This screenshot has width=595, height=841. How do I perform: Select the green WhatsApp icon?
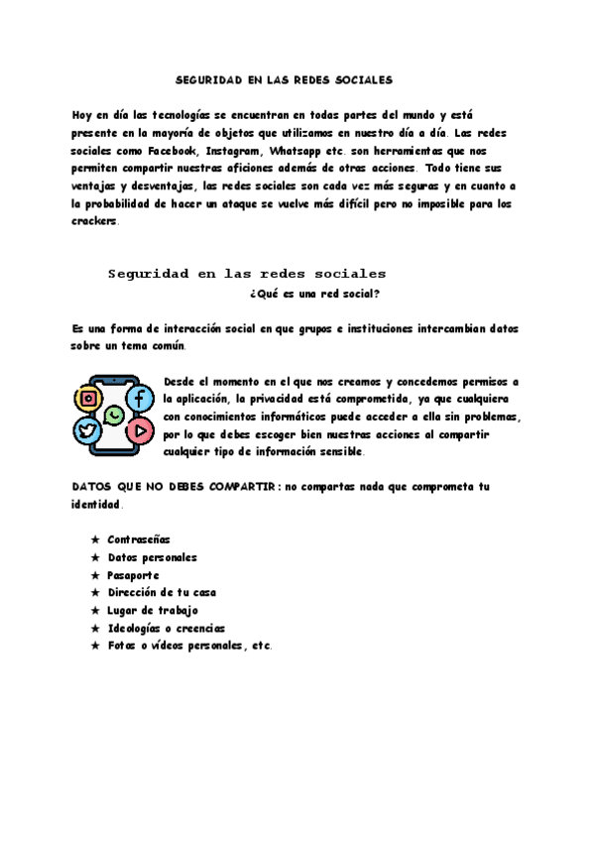(x=114, y=416)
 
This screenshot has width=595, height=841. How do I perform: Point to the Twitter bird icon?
(x=88, y=431)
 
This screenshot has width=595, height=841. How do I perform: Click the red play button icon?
(x=140, y=431)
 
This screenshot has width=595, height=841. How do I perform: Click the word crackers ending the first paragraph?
(x=94, y=221)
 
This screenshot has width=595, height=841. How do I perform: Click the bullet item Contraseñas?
(x=139, y=540)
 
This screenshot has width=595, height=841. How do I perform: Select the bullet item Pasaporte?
(x=133, y=575)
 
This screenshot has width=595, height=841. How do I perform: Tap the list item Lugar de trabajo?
(x=153, y=610)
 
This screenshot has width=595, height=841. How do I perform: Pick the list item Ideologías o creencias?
(x=166, y=628)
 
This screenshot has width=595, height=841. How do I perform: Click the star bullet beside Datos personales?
(x=95, y=557)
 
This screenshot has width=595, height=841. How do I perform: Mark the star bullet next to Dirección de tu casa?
(x=95, y=593)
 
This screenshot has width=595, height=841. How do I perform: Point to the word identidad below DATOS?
(x=96, y=504)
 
